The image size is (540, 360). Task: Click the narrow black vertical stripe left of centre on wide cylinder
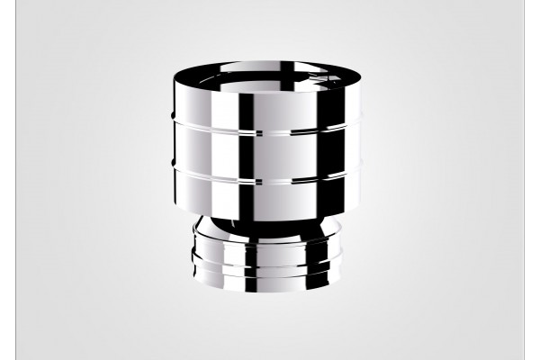coord(244,153)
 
